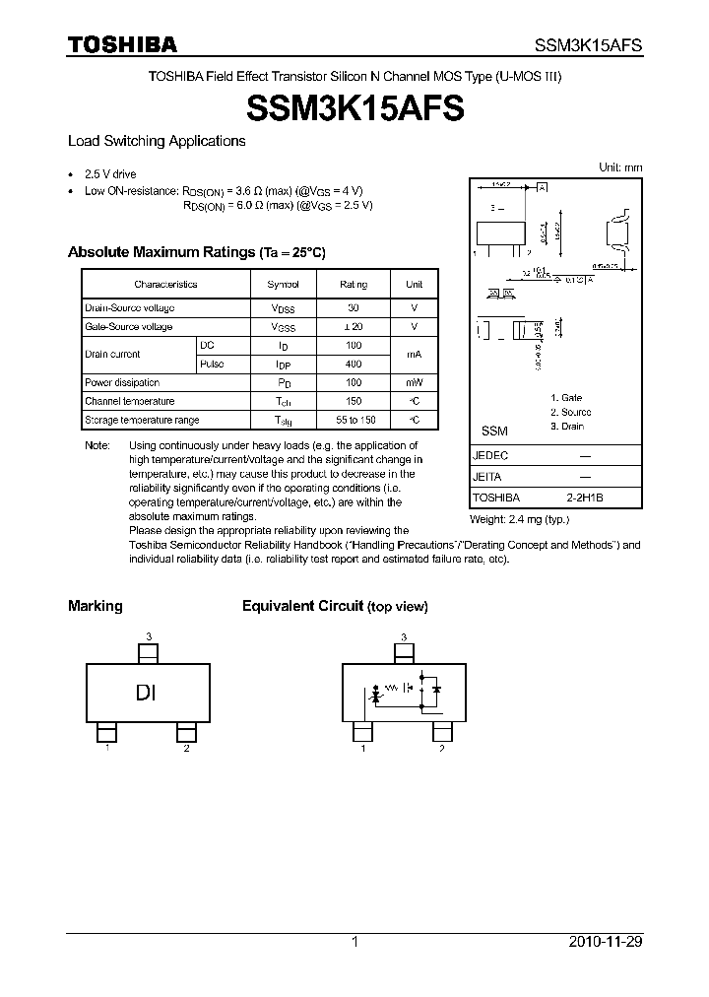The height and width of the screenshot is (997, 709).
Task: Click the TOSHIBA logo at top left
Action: [x=122, y=44]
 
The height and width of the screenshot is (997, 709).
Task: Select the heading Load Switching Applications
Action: [x=156, y=141]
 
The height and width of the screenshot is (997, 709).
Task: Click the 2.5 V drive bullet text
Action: [x=110, y=173]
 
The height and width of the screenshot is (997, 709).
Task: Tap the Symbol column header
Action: [x=283, y=284]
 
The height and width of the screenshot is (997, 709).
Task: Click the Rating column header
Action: [x=354, y=284]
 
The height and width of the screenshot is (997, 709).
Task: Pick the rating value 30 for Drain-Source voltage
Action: [x=354, y=308]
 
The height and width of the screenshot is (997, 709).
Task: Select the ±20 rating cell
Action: [x=354, y=327]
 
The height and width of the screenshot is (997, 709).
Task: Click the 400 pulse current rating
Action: [x=354, y=365]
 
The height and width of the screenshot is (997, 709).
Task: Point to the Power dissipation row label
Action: [x=122, y=383]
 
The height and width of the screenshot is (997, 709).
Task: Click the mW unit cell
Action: [x=415, y=383]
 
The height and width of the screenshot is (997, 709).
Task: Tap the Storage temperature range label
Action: [x=142, y=421]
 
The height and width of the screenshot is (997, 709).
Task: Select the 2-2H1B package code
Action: [x=584, y=498]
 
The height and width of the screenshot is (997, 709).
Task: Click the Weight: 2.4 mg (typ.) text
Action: [x=519, y=519]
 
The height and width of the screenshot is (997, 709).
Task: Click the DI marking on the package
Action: [x=147, y=693]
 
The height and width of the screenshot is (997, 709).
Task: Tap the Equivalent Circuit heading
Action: [x=303, y=606]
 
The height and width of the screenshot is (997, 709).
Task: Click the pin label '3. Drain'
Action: [x=567, y=427]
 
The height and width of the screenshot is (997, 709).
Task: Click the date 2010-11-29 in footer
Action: [x=605, y=942]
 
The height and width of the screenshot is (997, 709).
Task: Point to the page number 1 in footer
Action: [x=354, y=942]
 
